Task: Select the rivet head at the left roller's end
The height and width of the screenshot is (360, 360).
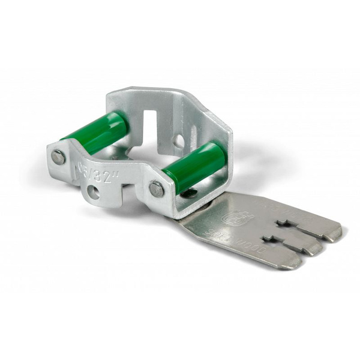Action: coord(58,157)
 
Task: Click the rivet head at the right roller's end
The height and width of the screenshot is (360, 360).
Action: coord(156,189)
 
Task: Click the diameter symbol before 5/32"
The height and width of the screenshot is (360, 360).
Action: coord(82,164)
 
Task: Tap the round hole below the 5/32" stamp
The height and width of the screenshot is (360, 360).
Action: coord(93,192)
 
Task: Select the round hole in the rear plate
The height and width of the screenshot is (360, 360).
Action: coord(178,142)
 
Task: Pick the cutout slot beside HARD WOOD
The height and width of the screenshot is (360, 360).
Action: coord(288,224)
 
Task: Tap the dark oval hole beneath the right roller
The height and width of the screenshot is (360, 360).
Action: coord(188,193)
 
